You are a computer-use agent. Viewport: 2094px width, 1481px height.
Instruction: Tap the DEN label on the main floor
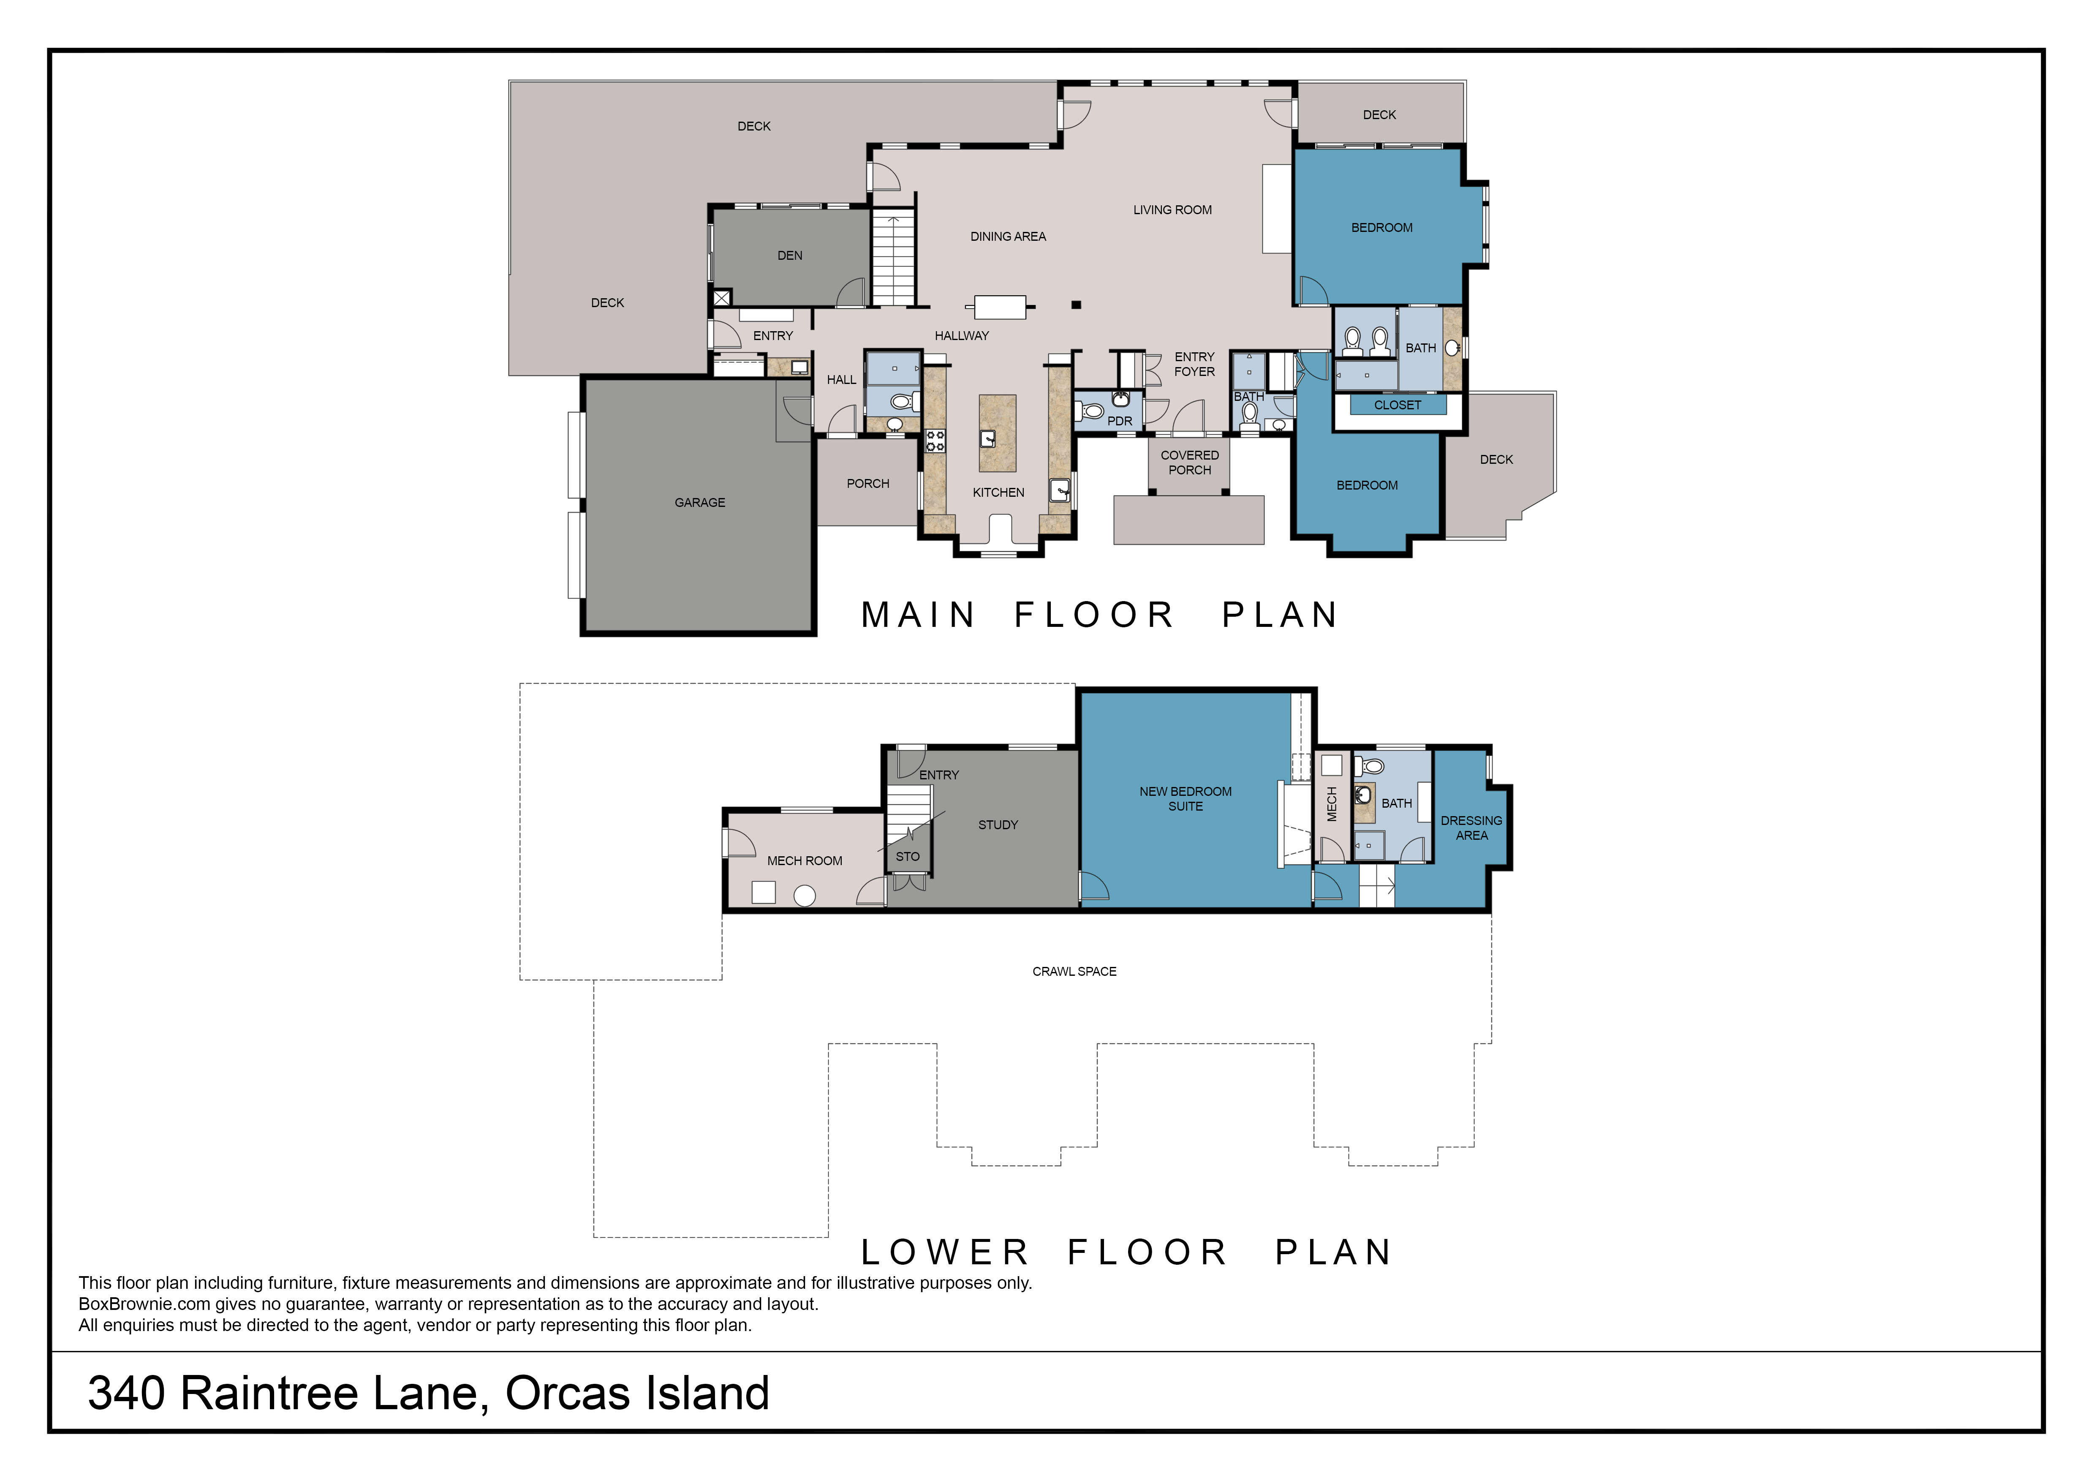point(790,255)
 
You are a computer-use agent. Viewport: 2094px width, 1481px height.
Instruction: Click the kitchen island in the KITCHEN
point(998,433)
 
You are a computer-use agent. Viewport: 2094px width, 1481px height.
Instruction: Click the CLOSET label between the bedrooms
point(1397,405)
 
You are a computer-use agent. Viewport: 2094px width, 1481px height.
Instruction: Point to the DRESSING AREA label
point(1471,828)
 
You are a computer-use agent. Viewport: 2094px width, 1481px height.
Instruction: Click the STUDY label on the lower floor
point(998,825)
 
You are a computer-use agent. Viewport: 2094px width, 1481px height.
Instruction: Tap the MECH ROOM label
point(805,861)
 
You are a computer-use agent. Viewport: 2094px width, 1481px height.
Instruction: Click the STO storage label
point(908,856)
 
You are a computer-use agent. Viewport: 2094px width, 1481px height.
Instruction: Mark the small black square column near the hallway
point(1076,305)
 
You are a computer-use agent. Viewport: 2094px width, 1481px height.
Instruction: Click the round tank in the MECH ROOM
point(805,896)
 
